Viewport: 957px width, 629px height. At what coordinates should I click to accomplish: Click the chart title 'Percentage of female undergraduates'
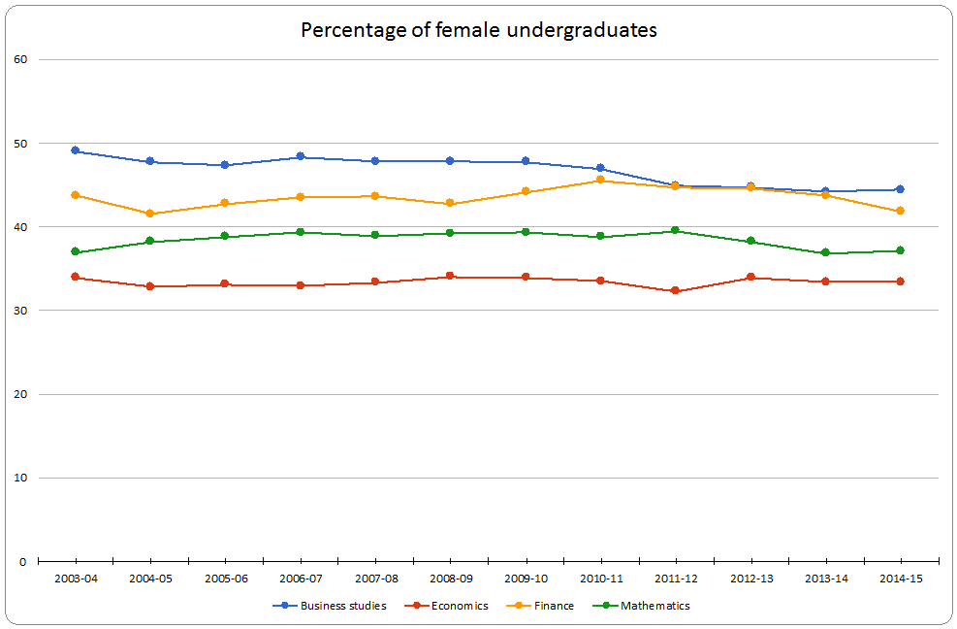coord(479,30)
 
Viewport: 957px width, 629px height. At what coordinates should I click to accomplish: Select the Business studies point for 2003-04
coord(75,150)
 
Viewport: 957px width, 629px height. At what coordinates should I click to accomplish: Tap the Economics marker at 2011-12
coord(676,291)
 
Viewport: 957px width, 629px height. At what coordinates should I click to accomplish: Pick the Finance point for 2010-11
coord(600,180)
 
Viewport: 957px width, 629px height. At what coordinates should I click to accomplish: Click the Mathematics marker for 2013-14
coord(825,252)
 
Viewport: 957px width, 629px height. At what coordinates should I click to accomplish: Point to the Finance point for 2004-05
coord(149,214)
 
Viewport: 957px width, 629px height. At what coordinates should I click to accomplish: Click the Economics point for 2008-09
coord(450,276)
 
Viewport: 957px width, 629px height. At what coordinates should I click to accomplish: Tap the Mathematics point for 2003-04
coord(75,251)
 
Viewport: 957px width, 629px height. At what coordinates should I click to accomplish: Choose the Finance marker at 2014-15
coord(901,211)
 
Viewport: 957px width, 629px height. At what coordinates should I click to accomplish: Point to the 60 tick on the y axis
coord(19,59)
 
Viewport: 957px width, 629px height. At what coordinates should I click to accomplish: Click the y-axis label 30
coord(19,311)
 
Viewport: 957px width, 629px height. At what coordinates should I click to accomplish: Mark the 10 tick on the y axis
coord(19,478)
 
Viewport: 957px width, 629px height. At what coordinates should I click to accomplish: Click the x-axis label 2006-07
coord(300,579)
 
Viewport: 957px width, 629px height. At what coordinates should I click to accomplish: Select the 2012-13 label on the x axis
coord(750,579)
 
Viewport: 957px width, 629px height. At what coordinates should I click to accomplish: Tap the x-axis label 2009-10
coord(526,579)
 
